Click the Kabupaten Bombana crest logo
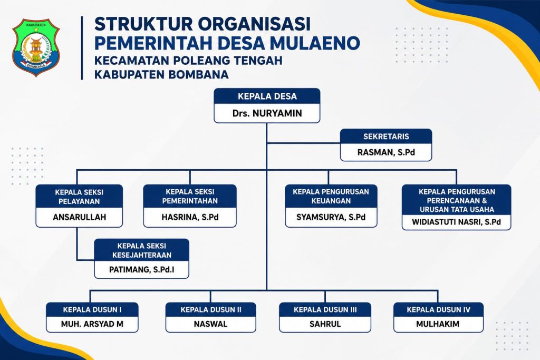pos(36,47)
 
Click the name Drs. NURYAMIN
pos(267,113)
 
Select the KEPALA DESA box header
pos(267,96)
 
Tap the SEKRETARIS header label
pos(386,137)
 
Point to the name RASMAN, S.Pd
pos(386,152)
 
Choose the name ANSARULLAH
pos(79,217)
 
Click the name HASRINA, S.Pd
pos(190,217)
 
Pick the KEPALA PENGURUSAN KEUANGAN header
pos(331,196)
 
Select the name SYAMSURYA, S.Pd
pos(331,217)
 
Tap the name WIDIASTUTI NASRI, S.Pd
pos(456,222)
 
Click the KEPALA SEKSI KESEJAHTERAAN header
pos(141,250)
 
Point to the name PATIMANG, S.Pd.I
pos(141,269)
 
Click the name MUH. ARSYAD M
pos(92,324)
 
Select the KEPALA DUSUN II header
pos(211,310)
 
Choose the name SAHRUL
pos(325,324)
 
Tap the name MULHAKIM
pos(438,324)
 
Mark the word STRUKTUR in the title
pos(143,24)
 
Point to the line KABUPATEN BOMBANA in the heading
pos(161,74)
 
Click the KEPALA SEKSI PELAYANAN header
pos(79,197)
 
